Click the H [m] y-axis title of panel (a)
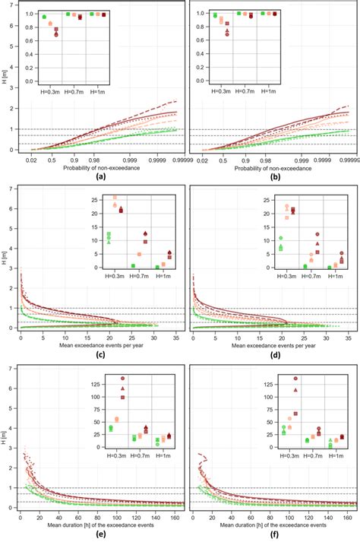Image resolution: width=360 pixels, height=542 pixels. [x=5, y=77]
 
